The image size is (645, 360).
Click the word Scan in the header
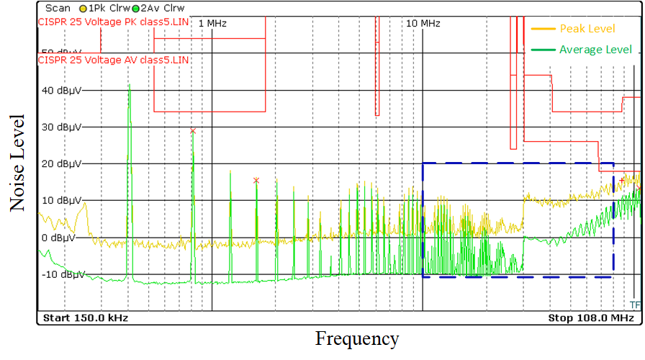tap(58, 7)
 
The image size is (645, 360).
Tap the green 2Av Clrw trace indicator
tap(148, 7)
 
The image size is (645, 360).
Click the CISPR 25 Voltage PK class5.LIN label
tap(113, 22)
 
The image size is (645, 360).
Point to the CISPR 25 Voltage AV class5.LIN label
tap(113, 60)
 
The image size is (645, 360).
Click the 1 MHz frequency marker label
tap(212, 24)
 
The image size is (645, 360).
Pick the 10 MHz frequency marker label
tap(423, 24)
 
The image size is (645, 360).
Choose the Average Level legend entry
tap(595, 50)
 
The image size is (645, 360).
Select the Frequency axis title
tap(356, 338)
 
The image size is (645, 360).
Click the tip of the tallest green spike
tap(129, 84)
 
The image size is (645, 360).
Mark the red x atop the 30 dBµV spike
tap(192, 130)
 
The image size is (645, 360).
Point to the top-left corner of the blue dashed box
tap(423, 163)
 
